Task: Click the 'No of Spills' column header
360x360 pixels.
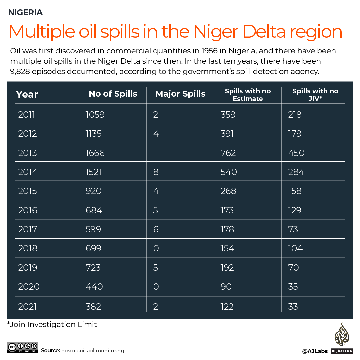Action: coord(113,94)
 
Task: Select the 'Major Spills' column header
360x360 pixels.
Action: coord(180,94)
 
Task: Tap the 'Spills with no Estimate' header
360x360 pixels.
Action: coord(248,95)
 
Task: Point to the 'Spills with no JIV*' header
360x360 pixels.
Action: coord(315,95)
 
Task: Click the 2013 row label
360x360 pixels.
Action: coord(28,153)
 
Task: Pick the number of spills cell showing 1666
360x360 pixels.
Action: coord(95,153)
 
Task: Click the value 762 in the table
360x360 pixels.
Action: coord(228,153)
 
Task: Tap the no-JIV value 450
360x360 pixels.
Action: coord(296,153)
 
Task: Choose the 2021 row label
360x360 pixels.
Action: coord(28,306)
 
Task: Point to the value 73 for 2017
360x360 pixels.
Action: coord(293,229)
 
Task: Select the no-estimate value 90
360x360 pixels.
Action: coord(226,287)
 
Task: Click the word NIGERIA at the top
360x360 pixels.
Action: coord(25,13)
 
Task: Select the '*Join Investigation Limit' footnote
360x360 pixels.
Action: coord(52,324)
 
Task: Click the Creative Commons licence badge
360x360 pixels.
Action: coord(22,348)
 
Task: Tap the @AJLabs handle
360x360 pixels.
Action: coord(315,351)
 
